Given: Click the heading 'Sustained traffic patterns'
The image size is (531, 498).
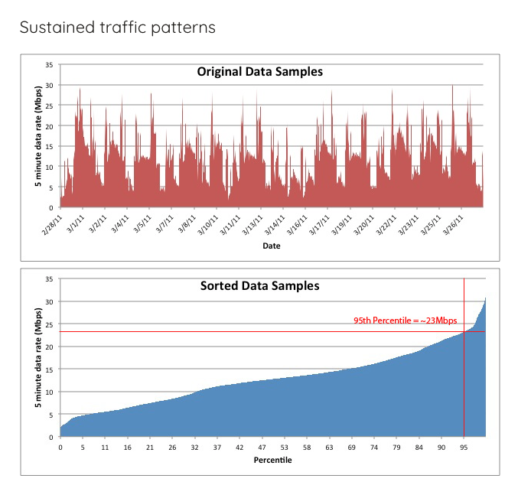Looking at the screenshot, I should click(117, 28).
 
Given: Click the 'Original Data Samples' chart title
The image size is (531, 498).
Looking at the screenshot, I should click(260, 72).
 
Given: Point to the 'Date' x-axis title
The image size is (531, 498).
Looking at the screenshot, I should click(271, 246).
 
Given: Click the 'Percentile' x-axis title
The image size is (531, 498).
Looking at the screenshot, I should click(272, 461).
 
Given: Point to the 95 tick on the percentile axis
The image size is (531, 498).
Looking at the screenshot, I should click(463, 448).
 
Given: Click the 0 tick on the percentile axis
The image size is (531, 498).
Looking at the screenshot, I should click(60, 448).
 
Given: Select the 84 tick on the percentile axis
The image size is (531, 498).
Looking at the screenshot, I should click(419, 448).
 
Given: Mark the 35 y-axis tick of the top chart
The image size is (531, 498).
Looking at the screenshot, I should click(50, 65).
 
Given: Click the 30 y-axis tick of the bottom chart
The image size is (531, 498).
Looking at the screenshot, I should click(50, 301).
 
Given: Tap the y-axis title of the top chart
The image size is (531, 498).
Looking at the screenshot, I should click(38, 136).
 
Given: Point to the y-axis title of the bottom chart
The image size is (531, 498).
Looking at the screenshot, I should click(38, 357).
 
